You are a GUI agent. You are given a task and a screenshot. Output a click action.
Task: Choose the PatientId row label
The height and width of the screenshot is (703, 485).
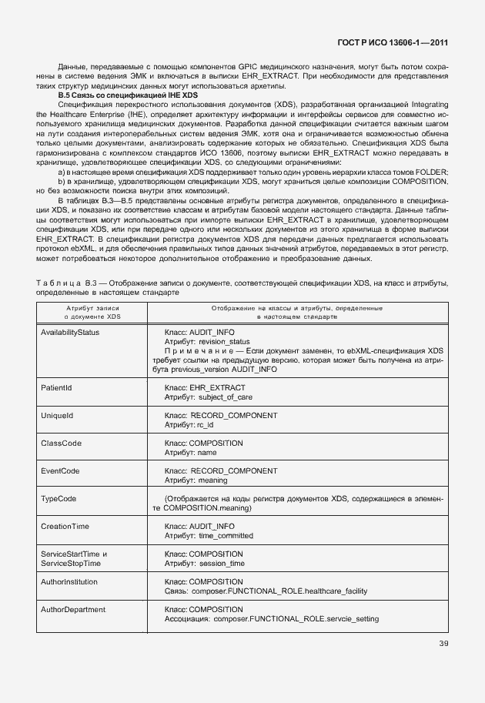(56, 388)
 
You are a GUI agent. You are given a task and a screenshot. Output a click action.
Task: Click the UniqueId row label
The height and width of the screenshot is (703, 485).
(56, 416)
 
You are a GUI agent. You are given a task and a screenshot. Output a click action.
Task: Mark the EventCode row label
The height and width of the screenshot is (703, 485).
(60, 470)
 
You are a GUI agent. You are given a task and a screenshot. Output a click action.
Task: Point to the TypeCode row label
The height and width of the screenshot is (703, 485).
(59, 498)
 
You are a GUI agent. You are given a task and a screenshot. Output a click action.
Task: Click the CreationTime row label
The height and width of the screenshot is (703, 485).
(65, 526)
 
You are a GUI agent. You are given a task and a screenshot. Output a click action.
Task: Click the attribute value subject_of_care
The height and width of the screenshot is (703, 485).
(226, 397)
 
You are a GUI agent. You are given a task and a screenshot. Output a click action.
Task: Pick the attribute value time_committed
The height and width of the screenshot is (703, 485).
(226, 535)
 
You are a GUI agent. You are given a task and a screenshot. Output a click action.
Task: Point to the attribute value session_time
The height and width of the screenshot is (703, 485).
(221, 563)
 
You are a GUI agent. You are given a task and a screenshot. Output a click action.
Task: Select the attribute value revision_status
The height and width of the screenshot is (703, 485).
(224, 342)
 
